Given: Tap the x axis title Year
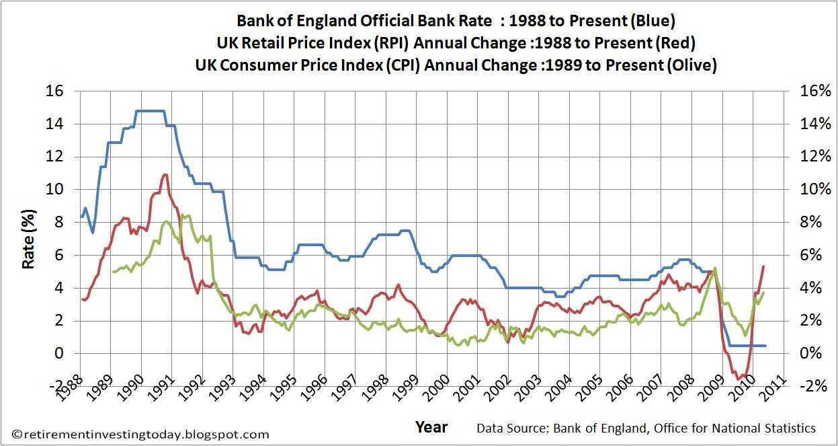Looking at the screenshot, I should pyautogui.click(x=431, y=427).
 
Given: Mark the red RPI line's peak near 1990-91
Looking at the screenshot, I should pyautogui.click(x=165, y=175).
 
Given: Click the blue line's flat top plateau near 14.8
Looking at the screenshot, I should pyautogui.click(x=149, y=111).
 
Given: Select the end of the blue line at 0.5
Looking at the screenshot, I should pyautogui.click(x=765, y=345).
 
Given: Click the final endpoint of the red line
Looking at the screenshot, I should pyautogui.click(x=764, y=266).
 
